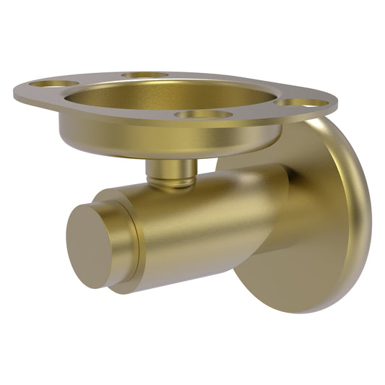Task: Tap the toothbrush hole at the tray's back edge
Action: tap(144, 75)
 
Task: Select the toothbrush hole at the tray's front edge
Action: tap(203, 114)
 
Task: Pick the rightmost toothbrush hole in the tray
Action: tap(303, 103)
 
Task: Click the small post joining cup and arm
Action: tap(170, 171)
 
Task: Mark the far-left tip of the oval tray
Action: tap(16, 92)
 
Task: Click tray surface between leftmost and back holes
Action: tap(98, 78)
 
